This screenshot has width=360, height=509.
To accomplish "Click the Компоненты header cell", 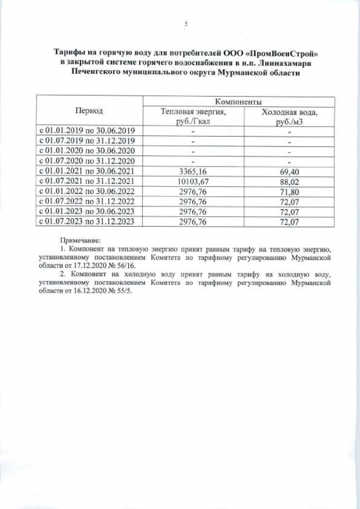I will (x=237, y=102).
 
